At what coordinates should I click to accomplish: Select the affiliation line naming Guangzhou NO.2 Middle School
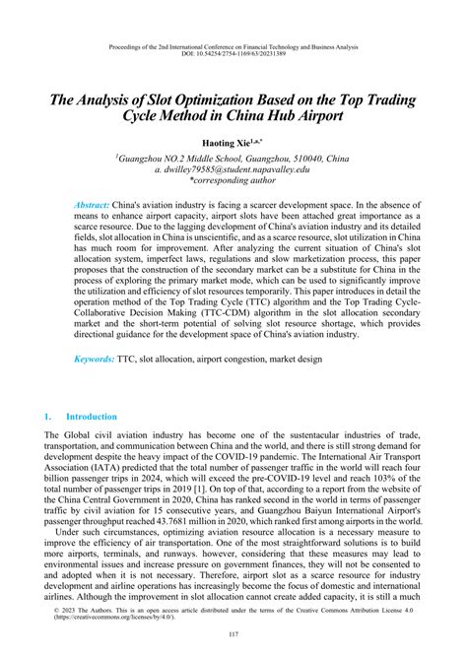click(233, 158)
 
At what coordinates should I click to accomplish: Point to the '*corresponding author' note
click(233, 181)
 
